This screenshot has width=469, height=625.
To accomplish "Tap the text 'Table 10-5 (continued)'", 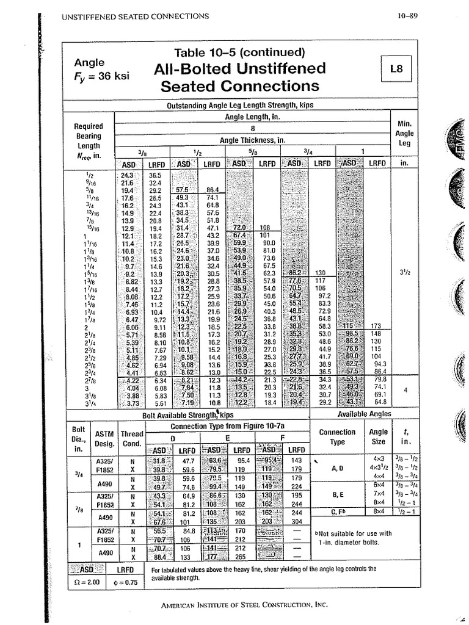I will point(239,52).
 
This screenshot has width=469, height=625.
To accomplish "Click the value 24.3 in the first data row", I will point(127,175).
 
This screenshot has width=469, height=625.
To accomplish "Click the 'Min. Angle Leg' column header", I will point(404,133).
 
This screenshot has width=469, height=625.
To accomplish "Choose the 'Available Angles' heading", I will point(364,415).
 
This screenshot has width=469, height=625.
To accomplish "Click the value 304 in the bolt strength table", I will point(297,521).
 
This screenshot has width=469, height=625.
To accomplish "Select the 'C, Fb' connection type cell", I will point(337,511).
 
